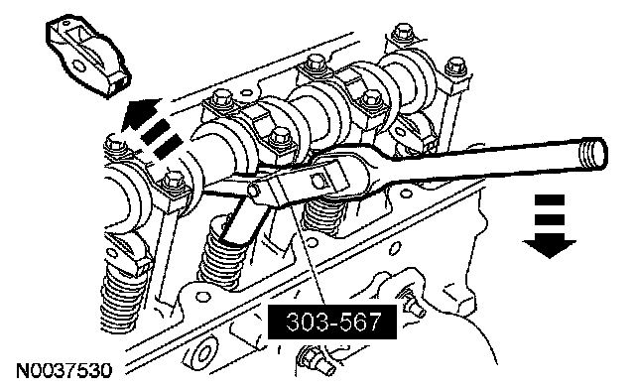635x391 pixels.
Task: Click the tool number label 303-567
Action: [331, 322]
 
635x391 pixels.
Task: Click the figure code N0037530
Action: [63, 371]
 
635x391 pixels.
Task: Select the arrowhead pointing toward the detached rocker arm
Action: [138, 113]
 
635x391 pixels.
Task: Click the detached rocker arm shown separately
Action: [88, 58]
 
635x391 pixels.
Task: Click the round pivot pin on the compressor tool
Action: [254, 190]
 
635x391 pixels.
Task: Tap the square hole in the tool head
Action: [317, 180]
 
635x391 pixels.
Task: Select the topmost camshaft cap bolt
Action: [401, 34]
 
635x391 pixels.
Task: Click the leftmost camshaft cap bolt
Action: [114, 146]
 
